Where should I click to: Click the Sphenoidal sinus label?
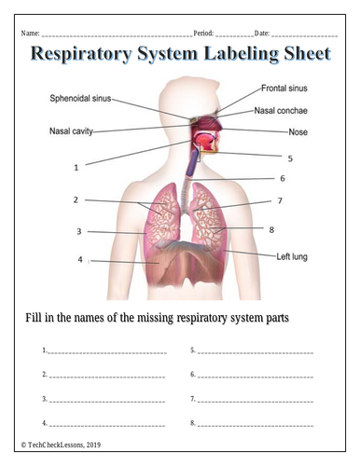(x=80, y=99)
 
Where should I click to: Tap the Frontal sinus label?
(x=284, y=89)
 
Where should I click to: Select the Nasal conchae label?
(x=281, y=111)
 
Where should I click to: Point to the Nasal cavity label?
(x=71, y=131)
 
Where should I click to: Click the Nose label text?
(x=298, y=132)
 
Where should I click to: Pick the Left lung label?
(x=292, y=257)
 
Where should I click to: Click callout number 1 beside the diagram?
(x=76, y=168)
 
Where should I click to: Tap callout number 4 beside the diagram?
(x=80, y=259)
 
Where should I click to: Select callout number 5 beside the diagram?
(x=290, y=158)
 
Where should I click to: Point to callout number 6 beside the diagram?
(x=283, y=178)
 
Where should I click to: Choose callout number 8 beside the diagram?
(x=271, y=230)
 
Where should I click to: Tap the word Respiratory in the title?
(x=82, y=54)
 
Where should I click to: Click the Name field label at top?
(x=30, y=34)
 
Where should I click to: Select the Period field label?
(x=203, y=34)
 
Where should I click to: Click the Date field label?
(x=262, y=34)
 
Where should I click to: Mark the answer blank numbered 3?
(x=107, y=402)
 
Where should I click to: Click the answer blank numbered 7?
(x=256, y=402)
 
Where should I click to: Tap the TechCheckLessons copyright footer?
(x=61, y=445)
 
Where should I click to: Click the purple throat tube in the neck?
(x=192, y=163)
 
